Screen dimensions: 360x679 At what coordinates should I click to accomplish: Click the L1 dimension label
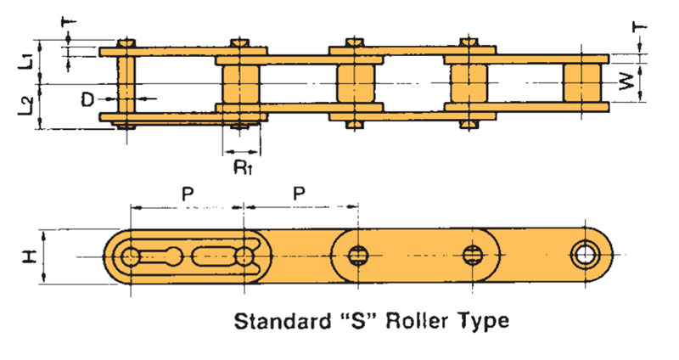(x=26, y=60)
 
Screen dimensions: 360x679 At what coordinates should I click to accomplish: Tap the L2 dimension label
(x=26, y=106)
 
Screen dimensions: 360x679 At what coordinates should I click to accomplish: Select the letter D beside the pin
(x=87, y=99)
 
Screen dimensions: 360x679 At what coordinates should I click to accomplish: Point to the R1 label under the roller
(x=242, y=165)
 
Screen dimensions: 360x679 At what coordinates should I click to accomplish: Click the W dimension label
(x=626, y=83)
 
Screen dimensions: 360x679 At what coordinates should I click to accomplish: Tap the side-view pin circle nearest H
(x=131, y=256)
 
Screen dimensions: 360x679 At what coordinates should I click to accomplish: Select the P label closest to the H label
(x=188, y=194)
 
